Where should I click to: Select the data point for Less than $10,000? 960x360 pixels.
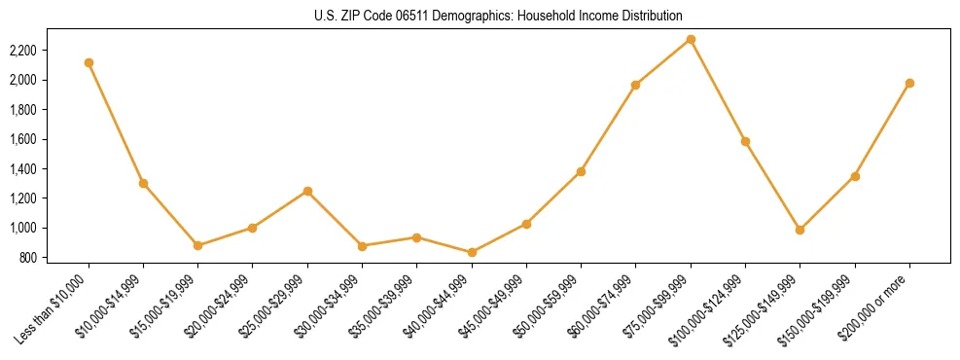pyautogui.click(x=89, y=62)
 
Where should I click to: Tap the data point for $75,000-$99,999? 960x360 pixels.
pyautogui.click(x=691, y=39)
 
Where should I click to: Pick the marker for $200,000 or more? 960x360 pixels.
pyautogui.click(x=909, y=83)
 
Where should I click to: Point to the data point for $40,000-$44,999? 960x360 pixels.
pyautogui.click(x=472, y=252)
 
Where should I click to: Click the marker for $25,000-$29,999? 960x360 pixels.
pyautogui.click(x=307, y=191)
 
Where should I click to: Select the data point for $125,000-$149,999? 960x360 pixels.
pyautogui.click(x=800, y=230)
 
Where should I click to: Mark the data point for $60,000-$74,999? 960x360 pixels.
pyautogui.click(x=636, y=85)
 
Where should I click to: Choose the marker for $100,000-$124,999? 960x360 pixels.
pyautogui.click(x=745, y=141)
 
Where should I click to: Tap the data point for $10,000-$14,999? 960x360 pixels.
pyautogui.click(x=143, y=183)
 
